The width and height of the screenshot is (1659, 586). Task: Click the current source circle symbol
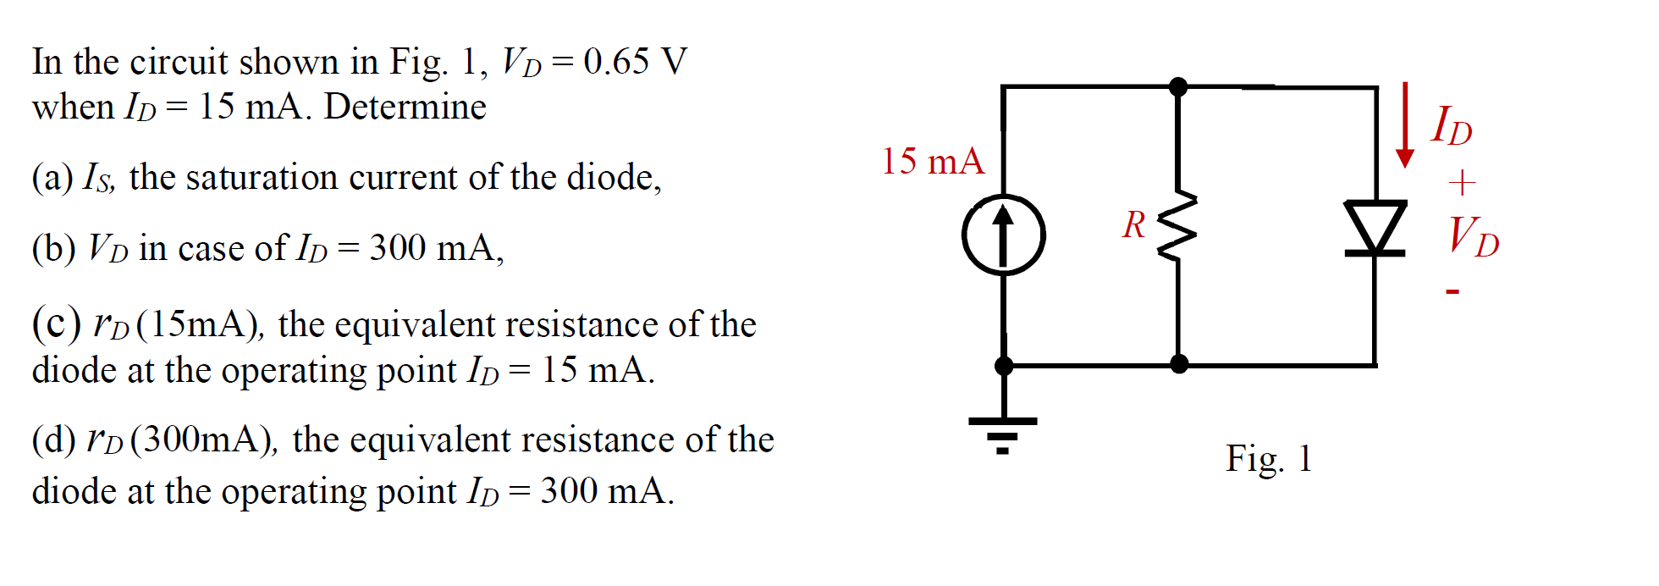click(x=1004, y=235)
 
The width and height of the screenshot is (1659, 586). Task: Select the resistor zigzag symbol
click(x=1178, y=226)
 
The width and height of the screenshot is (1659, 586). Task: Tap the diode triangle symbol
click(x=1375, y=226)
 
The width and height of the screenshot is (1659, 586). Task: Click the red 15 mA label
click(x=933, y=161)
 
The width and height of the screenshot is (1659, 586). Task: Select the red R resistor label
click(x=1133, y=225)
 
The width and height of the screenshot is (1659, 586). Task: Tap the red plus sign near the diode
click(x=1462, y=182)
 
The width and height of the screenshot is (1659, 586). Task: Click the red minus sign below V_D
click(x=1452, y=292)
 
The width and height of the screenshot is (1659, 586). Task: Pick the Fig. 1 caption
click(x=1269, y=458)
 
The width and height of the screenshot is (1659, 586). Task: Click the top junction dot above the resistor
click(x=1178, y=86)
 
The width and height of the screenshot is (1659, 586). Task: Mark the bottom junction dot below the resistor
click(x=1178, y=364)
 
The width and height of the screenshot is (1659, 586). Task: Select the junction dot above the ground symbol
click(x=1004, y=366)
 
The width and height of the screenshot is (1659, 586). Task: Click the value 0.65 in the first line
click(x=616, y=61)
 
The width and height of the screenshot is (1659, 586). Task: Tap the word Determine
click(x=405, y=107)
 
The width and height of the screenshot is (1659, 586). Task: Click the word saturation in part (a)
click(x=262, y=177)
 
